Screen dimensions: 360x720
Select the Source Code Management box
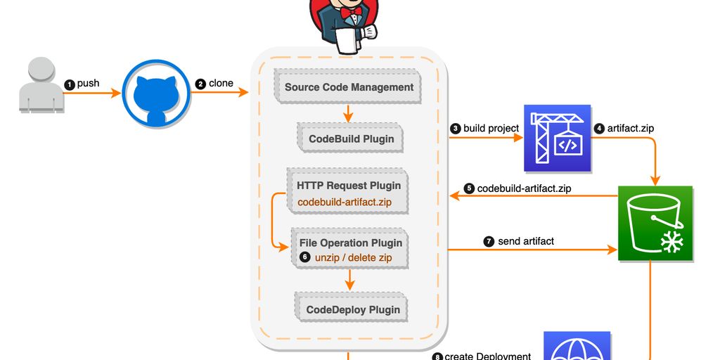[x=349, y=87]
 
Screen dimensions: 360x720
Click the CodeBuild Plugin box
[x=351, y=139]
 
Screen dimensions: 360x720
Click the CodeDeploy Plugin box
[x=352, y=309]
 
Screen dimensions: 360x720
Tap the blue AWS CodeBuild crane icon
[x=557, y=139]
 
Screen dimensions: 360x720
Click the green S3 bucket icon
[x=655, y=224]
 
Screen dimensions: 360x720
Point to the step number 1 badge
[x=69, y=84]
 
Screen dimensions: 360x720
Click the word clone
[x=221, y=84]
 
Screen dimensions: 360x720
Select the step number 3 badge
[x=456, y=129]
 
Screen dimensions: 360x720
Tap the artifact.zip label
[x=631, y=129]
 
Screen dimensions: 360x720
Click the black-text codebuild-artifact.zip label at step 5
[x=524, y=188]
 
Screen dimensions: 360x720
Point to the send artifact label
[x=525, y=241]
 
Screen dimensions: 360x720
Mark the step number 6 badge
[x=304, y=257]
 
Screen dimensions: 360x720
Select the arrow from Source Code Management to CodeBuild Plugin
[x=348, y=112]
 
